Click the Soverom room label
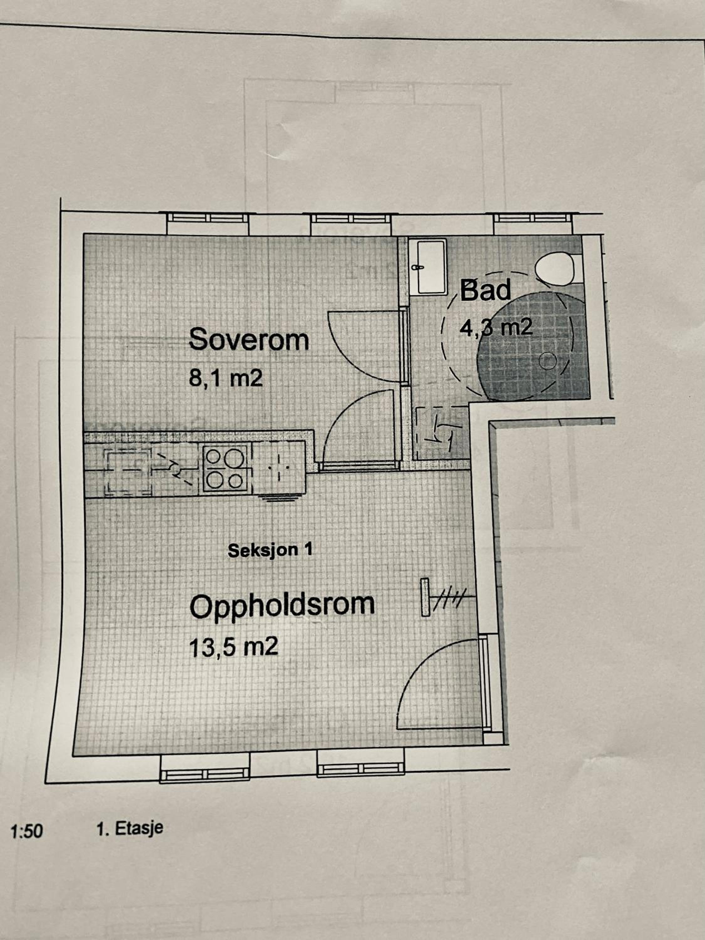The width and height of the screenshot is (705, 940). [248, 340]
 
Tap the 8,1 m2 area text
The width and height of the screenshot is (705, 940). [226, 378]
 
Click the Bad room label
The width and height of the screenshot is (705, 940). [485, 290]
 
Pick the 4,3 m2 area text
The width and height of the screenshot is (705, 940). [496, 328]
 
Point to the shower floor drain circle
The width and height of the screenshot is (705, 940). [547, 361]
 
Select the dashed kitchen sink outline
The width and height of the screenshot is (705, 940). [129, 472]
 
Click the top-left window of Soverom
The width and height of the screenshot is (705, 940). [207, 218]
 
